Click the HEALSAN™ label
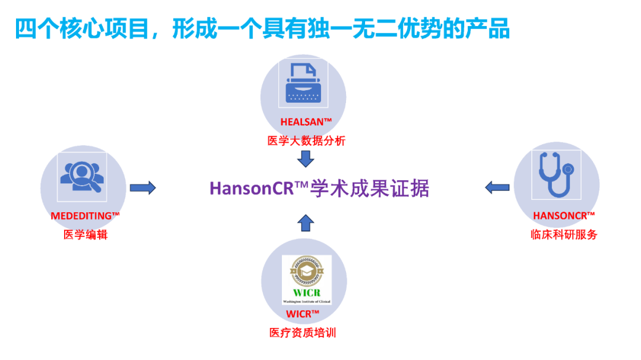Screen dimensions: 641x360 (306, 122)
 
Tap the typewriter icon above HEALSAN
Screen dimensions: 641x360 (303, 83)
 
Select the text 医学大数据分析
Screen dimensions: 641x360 (306, 141)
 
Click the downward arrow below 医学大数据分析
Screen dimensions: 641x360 (306, 159)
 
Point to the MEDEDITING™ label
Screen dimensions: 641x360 (85, 216)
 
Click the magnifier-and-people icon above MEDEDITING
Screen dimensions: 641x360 (82, 177)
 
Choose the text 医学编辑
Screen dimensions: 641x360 (85, 234)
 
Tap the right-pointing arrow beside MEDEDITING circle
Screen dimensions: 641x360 (142, 188)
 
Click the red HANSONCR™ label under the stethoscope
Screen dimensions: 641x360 (564, 216)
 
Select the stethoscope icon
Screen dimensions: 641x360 (556, 175)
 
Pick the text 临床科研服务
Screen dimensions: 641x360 (564, 234)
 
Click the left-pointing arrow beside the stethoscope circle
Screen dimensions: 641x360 (497, 187)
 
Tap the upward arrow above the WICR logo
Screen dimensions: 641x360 (306, 223)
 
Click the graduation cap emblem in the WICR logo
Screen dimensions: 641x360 (307, 270)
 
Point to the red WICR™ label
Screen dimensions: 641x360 (303, 314)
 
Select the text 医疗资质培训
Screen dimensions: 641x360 (303, 333)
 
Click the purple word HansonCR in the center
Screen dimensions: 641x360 (252, 189)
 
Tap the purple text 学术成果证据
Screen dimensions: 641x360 (370, 189)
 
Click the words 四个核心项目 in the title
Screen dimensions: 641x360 (82, 28)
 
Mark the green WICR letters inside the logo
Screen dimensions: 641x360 (307, 292)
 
